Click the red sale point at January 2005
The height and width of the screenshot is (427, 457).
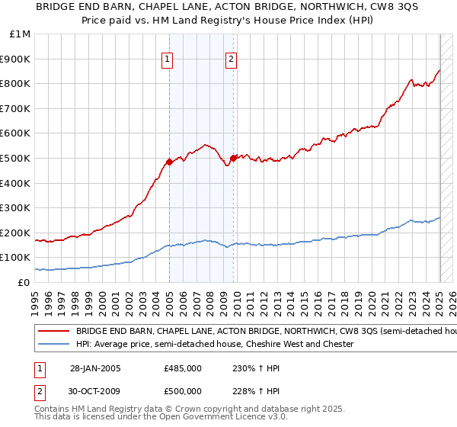pyautogui.click(x=170, y=162)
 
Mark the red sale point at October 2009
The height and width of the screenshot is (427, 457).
pyautogui.click(x=233, y=158)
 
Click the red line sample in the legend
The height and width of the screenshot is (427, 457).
pyautogui.click(x=53, y=332)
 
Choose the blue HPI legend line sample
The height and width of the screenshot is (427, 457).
pyautogui.click(x=53, y=344)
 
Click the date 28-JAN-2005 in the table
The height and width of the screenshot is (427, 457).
pyautogui.click(x=95, y=368)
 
